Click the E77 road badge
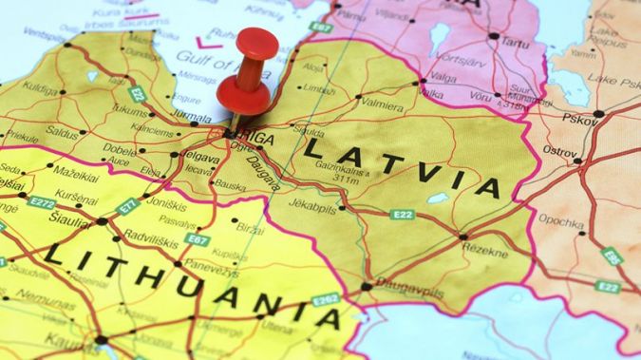point(127,206)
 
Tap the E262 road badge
point(326,299)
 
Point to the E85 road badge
point(612,256)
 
